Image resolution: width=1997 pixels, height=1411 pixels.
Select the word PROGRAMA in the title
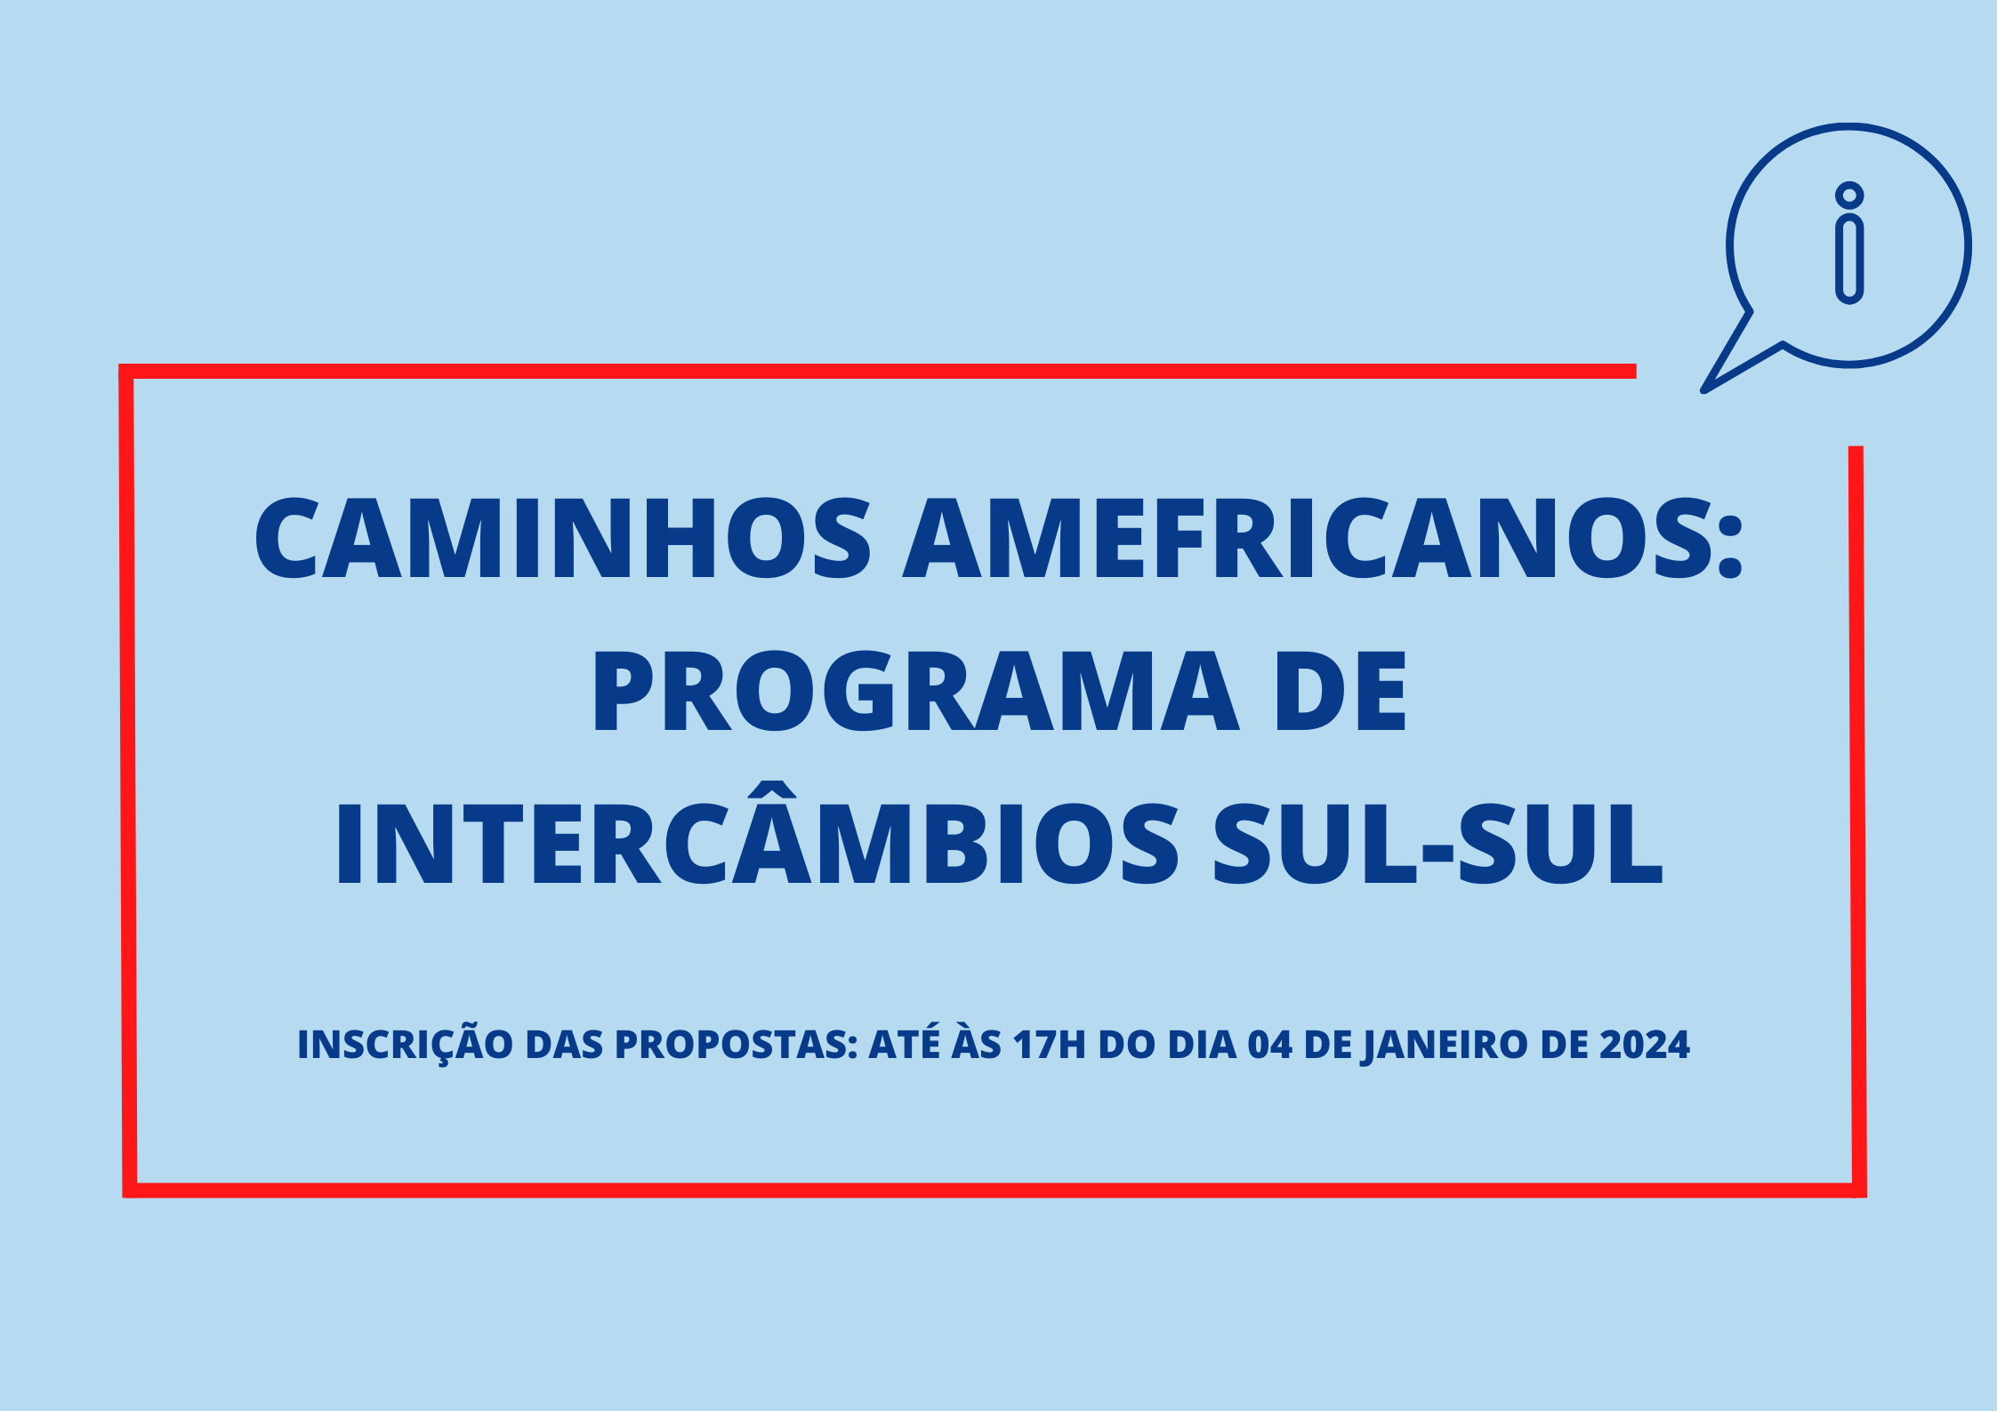pyautogui.click(x=915, y=691)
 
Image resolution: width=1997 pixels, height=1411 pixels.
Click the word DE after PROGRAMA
pyautogui.click(x=1341, y=691)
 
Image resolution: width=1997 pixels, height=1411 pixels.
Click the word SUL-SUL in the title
pyautogui.click(x=1437, y=844)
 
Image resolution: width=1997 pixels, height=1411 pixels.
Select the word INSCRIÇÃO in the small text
pyautogui.click(x=405, y=1046)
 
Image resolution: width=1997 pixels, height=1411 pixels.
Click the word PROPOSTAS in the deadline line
pyautogui.click(x=735, y=1046)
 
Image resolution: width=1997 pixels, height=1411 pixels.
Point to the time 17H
pyautogui.click(x=1051, y=1046)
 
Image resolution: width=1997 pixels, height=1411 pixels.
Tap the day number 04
pyautogui.click(x=1270, y=1046)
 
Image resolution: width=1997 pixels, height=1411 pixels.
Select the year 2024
pyautogui.click(x=1645, y=1046)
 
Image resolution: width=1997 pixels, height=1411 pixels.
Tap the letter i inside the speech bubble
pyautogui.click(x=1849, y=244)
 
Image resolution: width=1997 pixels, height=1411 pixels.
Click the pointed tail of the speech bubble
pyautogui.click(x=1703, y=389)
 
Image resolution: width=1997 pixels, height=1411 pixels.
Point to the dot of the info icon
pyautogui.click(x=1849, y=196)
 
